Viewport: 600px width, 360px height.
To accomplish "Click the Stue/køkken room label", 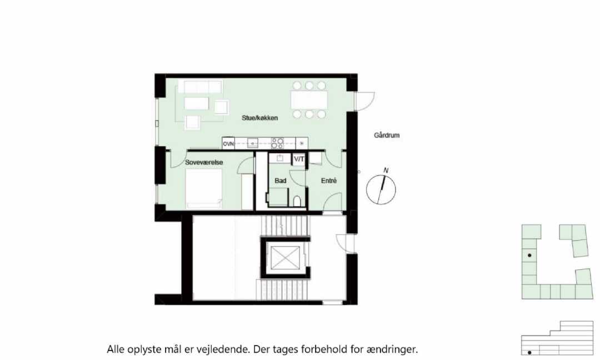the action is coord(259,118).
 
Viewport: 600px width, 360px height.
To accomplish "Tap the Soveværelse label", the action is coord(204,162).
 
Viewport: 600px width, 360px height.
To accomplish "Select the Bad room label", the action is coord(281,181).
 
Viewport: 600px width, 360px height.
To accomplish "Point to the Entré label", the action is coord(329,181).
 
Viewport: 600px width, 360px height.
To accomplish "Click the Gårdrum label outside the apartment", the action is coord(387,135).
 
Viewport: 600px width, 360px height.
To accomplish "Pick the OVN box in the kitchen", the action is coord(228,143).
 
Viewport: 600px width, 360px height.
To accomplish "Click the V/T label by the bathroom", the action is coord(299,159).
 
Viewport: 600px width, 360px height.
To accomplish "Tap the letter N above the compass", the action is coord(386,170).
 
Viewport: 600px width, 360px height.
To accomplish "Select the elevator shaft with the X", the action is coord(286,257).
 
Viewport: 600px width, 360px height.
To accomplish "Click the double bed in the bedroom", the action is coord(204,188).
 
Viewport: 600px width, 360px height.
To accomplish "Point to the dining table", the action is coord(309,100).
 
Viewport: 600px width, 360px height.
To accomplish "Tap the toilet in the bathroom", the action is coord(297,201).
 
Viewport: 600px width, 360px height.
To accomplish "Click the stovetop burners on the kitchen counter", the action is coord(277,143).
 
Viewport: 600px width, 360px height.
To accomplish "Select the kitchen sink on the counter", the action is coord(253,143).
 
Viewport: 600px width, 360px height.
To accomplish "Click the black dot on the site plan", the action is coord(529,255).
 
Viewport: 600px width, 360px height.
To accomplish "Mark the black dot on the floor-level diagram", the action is coord(529,352).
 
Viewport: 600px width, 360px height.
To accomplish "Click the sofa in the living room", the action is coord(200,87).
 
